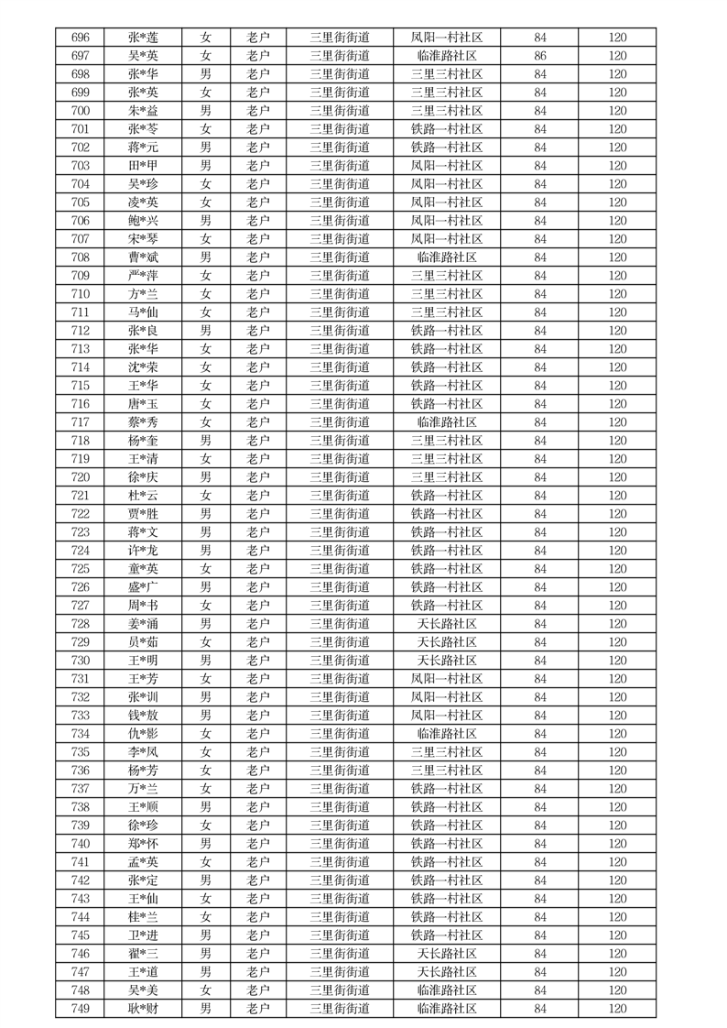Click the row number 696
coord(80,38)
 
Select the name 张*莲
coord(143,38)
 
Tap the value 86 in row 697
coord(540,56)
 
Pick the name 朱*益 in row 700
coord(143,111)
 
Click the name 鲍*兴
coord(143,221)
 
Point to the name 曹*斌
coord(143,257)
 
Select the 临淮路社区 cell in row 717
coord(446,422)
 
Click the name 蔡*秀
coord(143,422)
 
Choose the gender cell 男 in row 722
coord(206,514)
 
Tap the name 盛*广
coord(143,587)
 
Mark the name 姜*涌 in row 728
coord(143,624)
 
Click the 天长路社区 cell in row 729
coord(446,642)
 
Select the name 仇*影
coord(143,734)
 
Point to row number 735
coord(80,752)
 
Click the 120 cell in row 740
coord(617,844)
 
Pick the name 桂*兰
coord(143,917)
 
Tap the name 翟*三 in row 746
coord(143,954)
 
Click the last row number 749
coord(80,1009)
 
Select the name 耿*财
coord(143,1009)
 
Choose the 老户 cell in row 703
coord(258,166)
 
